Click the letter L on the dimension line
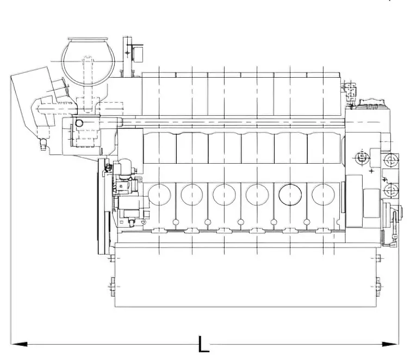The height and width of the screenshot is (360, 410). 204,344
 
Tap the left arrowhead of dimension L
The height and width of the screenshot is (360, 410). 19,344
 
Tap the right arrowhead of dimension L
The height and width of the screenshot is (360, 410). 390,344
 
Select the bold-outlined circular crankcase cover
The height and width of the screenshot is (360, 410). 290,195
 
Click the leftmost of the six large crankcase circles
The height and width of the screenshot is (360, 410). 159,195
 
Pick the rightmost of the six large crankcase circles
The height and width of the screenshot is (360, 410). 323,195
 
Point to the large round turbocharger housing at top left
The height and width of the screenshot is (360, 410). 89,62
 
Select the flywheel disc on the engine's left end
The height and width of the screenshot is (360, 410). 104,207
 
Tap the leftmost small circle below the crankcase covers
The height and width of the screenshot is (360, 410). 176,222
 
